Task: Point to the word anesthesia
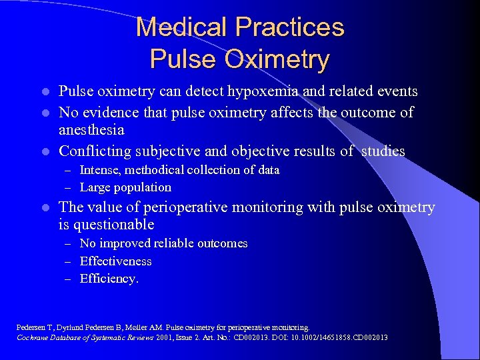(92, 131)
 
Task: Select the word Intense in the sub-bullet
(100, 170)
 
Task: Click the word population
(143, 187)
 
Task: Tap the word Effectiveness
(116, 261)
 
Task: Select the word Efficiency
(109, 279)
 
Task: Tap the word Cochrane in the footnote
(31, 337)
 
